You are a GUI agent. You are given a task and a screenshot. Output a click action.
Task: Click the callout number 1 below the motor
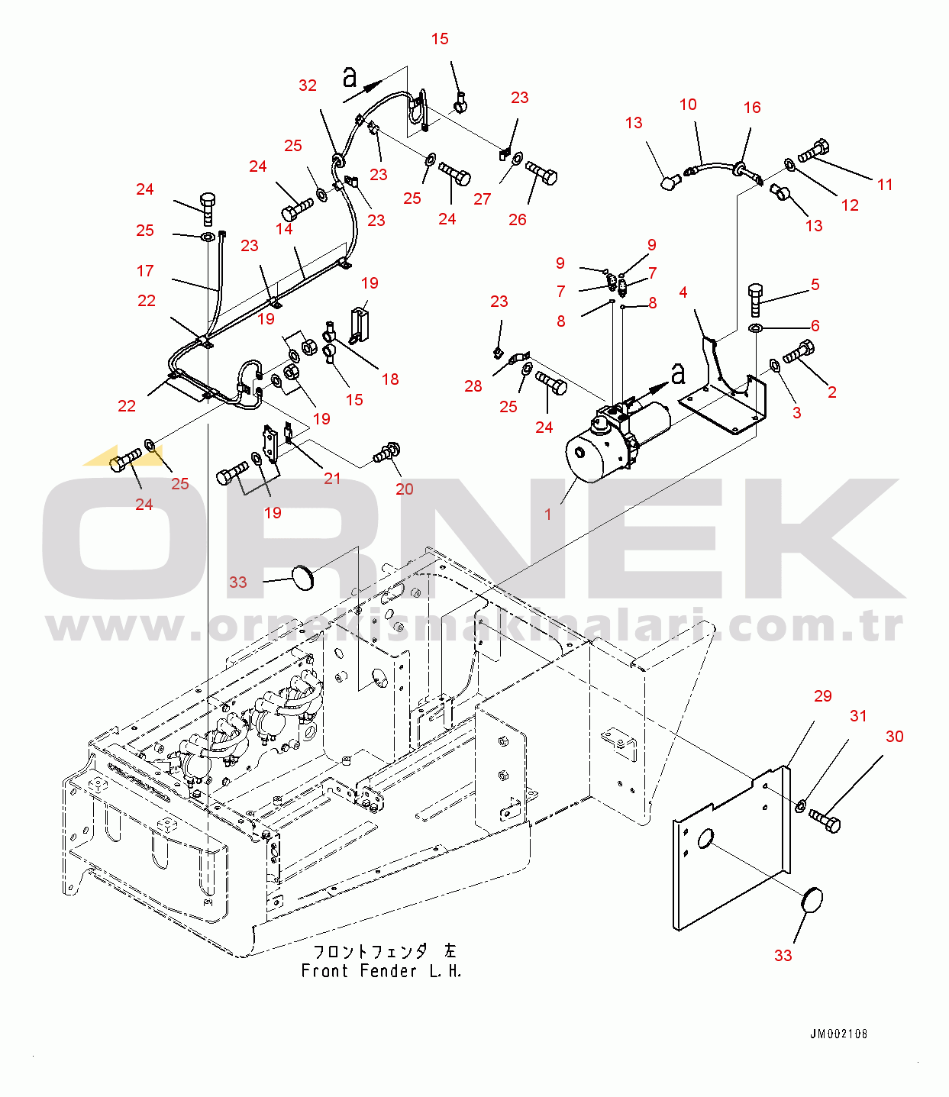click(547, 515)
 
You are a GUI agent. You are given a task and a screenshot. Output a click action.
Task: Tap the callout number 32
click(308, 86)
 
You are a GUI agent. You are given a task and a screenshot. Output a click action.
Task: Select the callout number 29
click(822, 696)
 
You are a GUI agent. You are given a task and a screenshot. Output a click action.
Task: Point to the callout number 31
click(859, 716)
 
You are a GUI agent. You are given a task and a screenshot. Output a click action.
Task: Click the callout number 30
click(894, 737)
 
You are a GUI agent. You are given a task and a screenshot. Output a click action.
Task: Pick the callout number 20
click(405, 489)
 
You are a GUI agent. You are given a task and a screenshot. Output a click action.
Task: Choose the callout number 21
click(332, 479)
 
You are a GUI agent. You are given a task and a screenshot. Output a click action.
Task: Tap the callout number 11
click(885, 185)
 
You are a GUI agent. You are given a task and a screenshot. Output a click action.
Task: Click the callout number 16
click(752, 108)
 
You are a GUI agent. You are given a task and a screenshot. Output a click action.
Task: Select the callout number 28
click(473, 386)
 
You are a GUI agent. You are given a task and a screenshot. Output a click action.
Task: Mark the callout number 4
click(683, 292)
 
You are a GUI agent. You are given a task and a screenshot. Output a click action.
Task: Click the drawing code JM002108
click(838, 1034)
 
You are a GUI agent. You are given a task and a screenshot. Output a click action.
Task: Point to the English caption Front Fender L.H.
click(381, 972)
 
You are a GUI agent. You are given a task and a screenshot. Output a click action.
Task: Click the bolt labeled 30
click(825, 821)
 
